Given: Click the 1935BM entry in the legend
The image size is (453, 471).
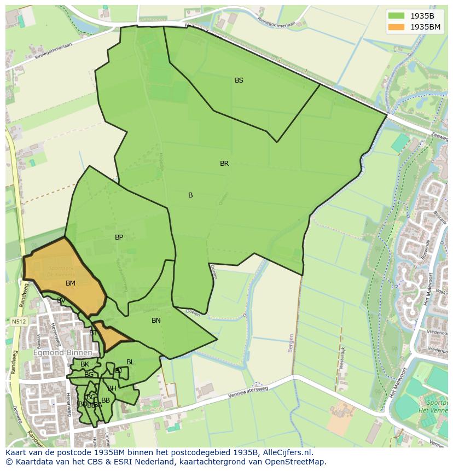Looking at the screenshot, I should tap(425, 27).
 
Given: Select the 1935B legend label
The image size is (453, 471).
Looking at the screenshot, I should tap(422, 16).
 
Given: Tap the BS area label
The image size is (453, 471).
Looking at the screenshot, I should tap(239, 80).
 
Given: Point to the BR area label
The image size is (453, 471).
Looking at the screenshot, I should tap(224, 164).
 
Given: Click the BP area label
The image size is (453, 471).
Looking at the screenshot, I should tap(119, 237).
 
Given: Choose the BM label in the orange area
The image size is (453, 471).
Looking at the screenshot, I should tap(71, 283).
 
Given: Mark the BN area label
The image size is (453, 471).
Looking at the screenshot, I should tap(156, 321).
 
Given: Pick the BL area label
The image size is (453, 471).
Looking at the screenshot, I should tap(130, 362).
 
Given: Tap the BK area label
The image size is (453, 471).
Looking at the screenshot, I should tap(85, 364).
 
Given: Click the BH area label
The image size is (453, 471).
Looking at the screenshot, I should tap(112, 388).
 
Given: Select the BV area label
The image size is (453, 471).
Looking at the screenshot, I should tap(61, 300).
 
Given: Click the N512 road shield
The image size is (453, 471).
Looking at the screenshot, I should tap(18, 321).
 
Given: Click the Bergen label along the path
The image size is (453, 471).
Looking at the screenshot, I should tap(291, 343).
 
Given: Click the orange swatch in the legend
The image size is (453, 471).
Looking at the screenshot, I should tap(397, 27).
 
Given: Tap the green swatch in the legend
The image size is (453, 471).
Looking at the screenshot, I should tap(397, 16).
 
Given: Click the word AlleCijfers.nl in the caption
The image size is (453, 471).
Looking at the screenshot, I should tap(286, 452).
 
